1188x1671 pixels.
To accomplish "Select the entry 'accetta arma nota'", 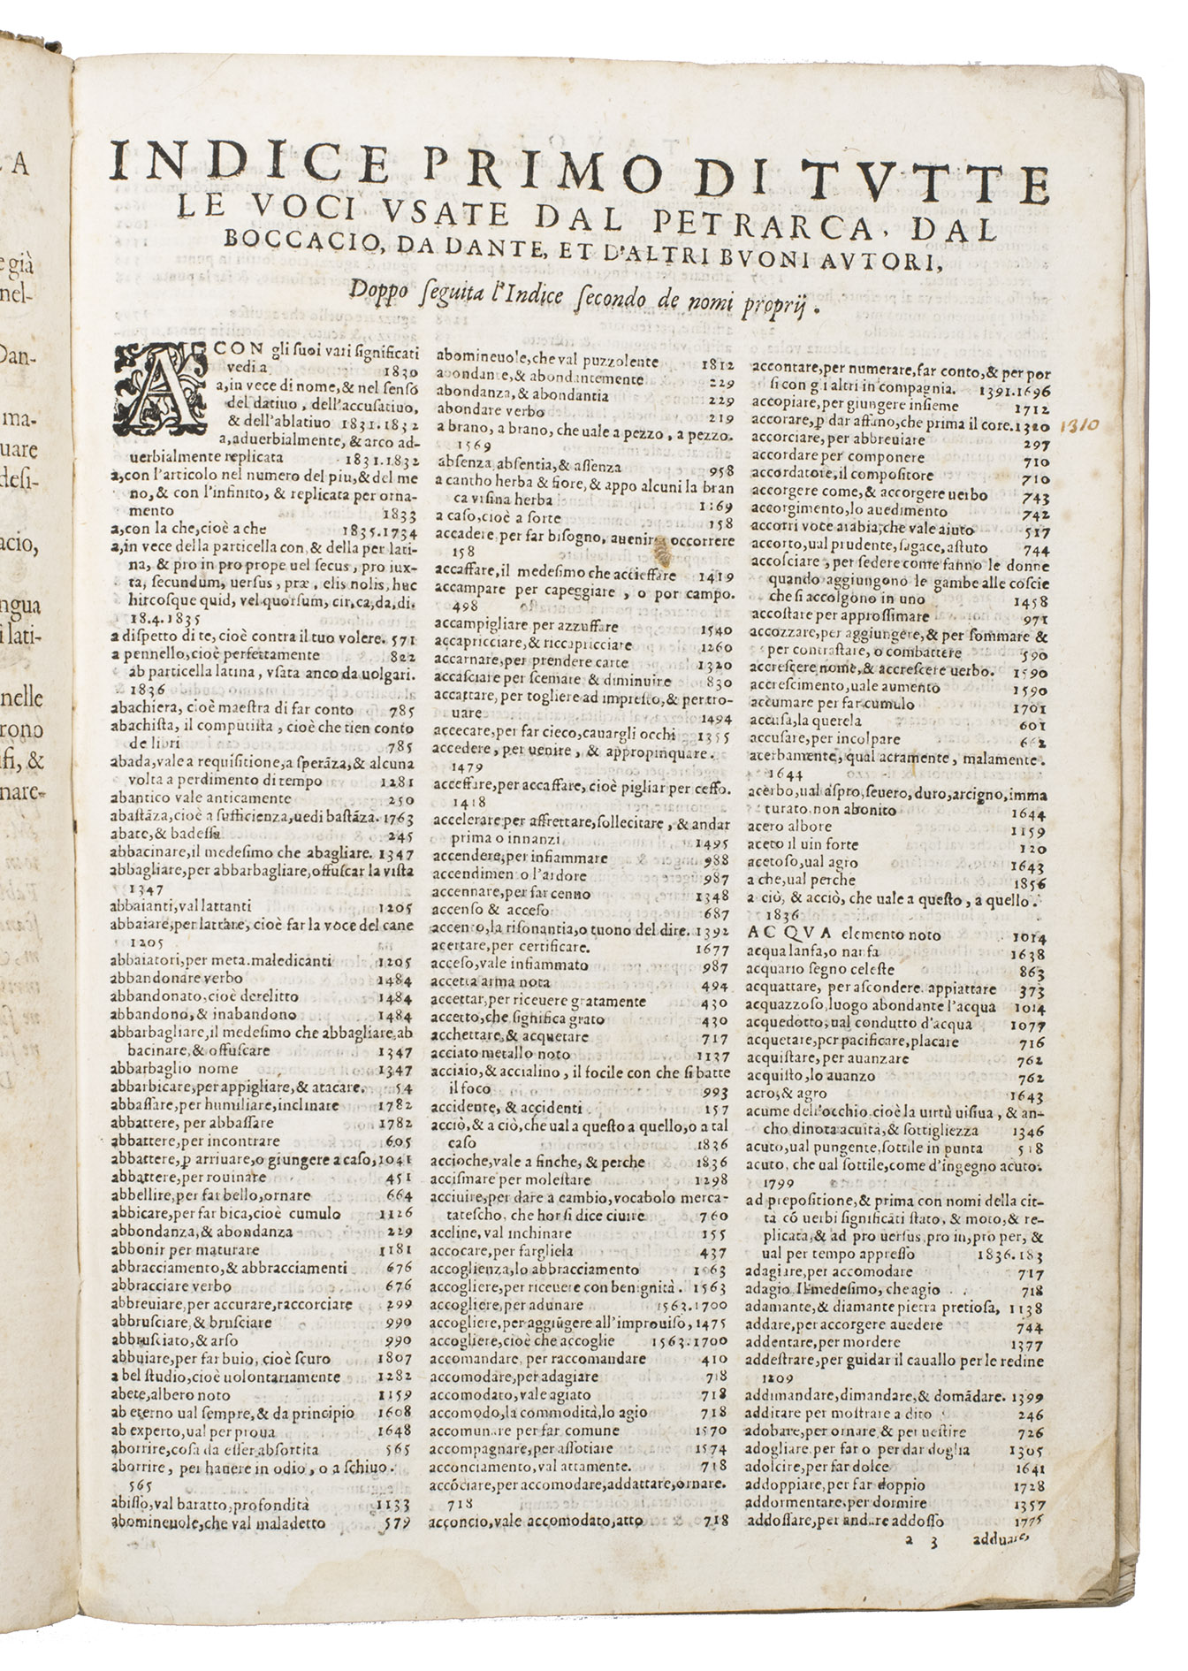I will (491, 981).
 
